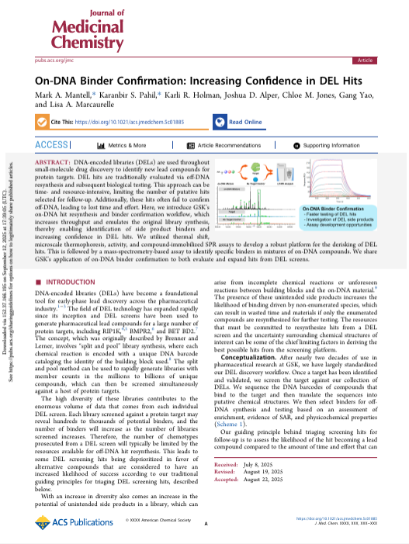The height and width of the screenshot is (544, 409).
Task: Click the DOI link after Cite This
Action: (x=147, y=123)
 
